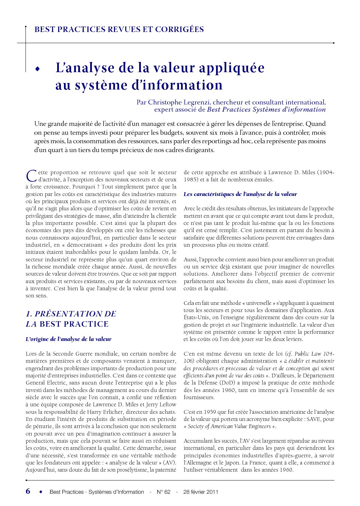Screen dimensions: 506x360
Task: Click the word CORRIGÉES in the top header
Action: click(x=179, y=29)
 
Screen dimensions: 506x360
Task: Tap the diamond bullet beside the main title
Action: click(x=37, y=69)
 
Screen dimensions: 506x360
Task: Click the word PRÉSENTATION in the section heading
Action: click(x=75, y=314)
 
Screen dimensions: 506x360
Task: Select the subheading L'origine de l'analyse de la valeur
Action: click(x=68, y=339)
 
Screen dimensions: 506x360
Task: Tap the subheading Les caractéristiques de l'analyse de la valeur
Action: click(x=240, y=194)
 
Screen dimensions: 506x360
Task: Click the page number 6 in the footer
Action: click(x=28, y=491)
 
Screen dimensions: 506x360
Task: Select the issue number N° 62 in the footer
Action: click(x=163, y=492)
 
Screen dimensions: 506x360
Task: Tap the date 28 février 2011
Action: click(x=200, y=492)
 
